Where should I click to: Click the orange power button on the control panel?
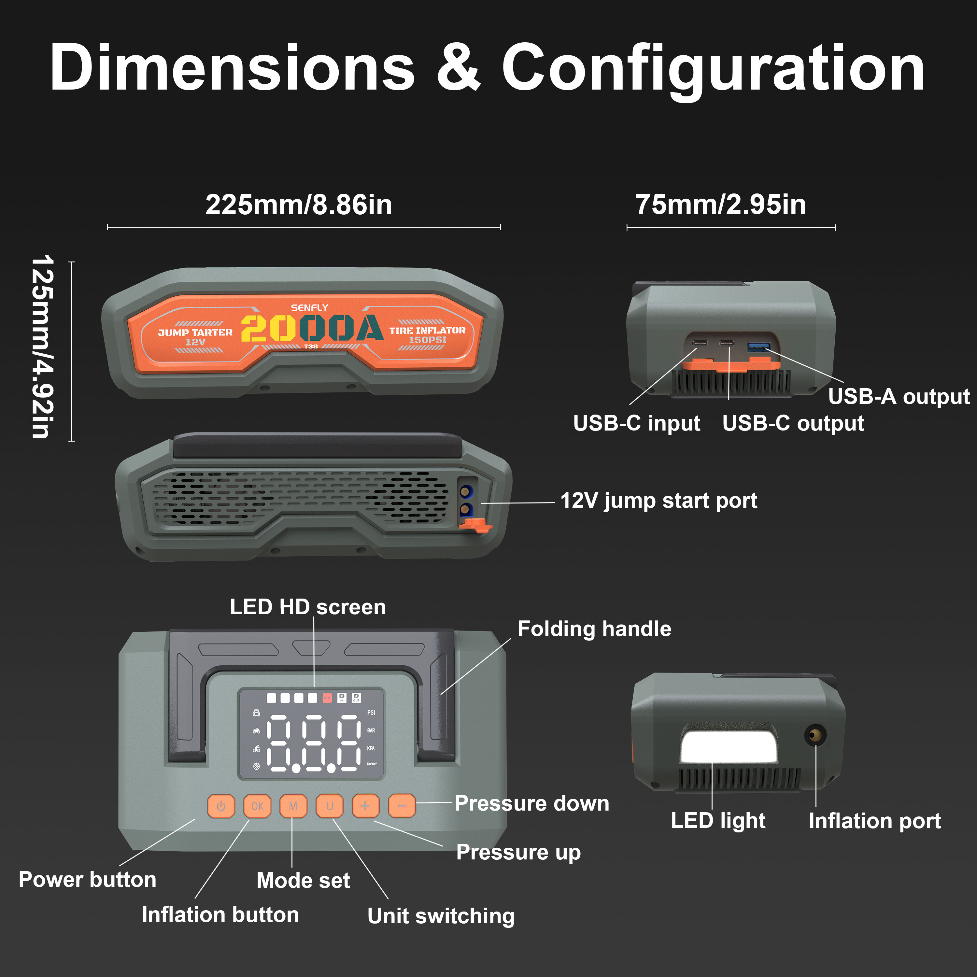tap(221, 806)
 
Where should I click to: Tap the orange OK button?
tap(257, 806)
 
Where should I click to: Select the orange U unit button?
tap(330, 806)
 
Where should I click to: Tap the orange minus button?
tap(402, 806)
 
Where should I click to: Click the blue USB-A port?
tap(758, 347)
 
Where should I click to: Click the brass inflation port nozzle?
tap(815, 735)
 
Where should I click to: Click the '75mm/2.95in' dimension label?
tap(721, 205)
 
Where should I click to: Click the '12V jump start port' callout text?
tap(658, 501)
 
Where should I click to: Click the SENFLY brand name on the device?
tap(309, 307)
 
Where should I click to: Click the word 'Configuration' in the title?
tap(713, 68)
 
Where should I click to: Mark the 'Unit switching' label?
tap(441, 916)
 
